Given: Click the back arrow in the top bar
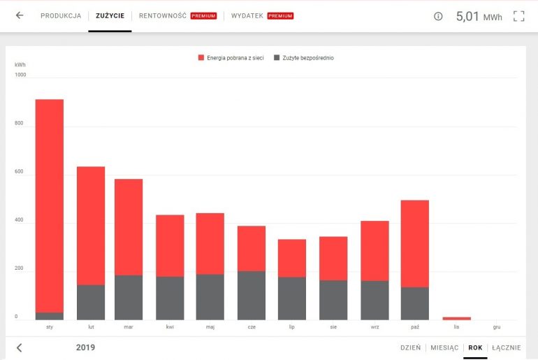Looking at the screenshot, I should click(19, 15).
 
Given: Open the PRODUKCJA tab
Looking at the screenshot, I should click(61, 15).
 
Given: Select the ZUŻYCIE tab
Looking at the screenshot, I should click(110, 15).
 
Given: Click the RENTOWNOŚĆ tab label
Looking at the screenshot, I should click(163, 15).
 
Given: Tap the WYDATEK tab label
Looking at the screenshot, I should click(247, 15).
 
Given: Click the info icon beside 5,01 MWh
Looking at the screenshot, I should click(438, 16).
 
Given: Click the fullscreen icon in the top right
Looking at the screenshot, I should click(518, 16).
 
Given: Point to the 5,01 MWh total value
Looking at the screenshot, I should click(479, 16).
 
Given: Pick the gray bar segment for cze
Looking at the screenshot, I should click(252, 295).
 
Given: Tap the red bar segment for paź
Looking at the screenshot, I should click(415, 243).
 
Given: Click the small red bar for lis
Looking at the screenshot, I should click(456, 318).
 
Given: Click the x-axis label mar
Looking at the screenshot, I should click(129, 326).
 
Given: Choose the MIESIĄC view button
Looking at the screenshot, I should click(444, 347).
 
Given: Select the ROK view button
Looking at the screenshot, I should click(475, 347).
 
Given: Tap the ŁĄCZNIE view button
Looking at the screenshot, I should click(506, 347).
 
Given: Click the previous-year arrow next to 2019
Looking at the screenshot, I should click(19, 347).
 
